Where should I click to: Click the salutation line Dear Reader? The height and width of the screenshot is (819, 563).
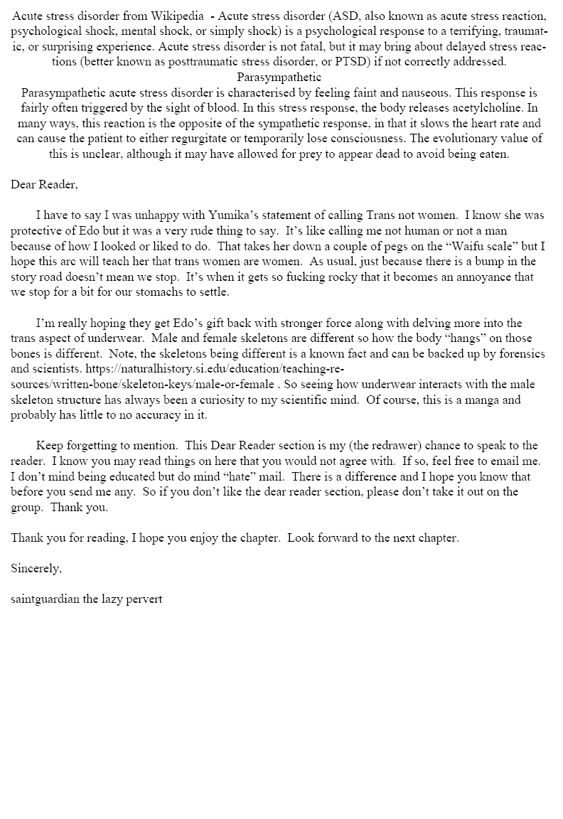pyautogui.click(x=44, y=185)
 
